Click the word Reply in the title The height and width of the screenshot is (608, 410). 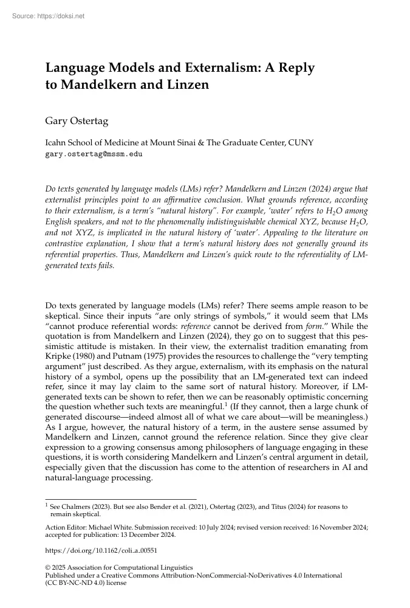coord(295,68)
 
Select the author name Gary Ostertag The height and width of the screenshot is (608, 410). coord(77,121)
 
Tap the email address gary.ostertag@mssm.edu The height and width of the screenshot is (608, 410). coord(94,154)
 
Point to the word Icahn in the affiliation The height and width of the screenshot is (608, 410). coord(57,143)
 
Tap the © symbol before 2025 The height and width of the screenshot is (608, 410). coord(49,567)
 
